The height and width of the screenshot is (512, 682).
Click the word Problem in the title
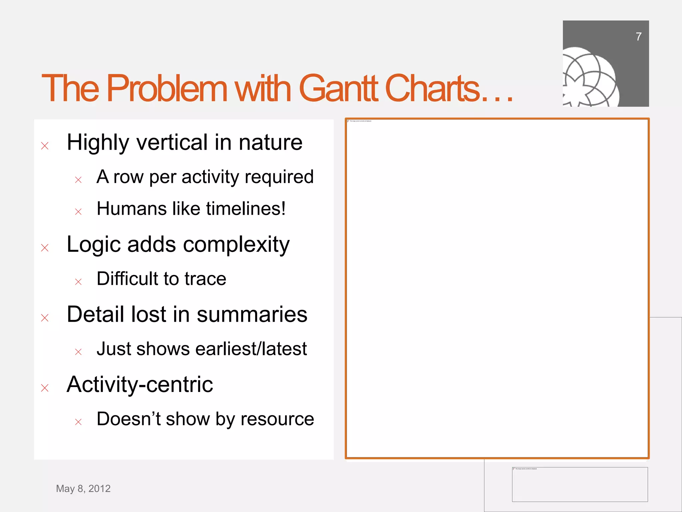[167, 88]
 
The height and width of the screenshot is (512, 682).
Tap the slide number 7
[638, 37]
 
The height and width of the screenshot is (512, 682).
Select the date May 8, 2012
[83, 489]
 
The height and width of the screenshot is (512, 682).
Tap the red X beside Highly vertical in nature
[45, 146]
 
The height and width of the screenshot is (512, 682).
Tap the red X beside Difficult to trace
[78, 282]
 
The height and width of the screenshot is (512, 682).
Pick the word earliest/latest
[251, 349]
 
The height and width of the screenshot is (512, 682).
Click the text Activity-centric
[140, 384]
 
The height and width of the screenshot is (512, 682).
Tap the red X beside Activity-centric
[45, 388]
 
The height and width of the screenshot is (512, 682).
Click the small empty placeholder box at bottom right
[580, 484]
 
